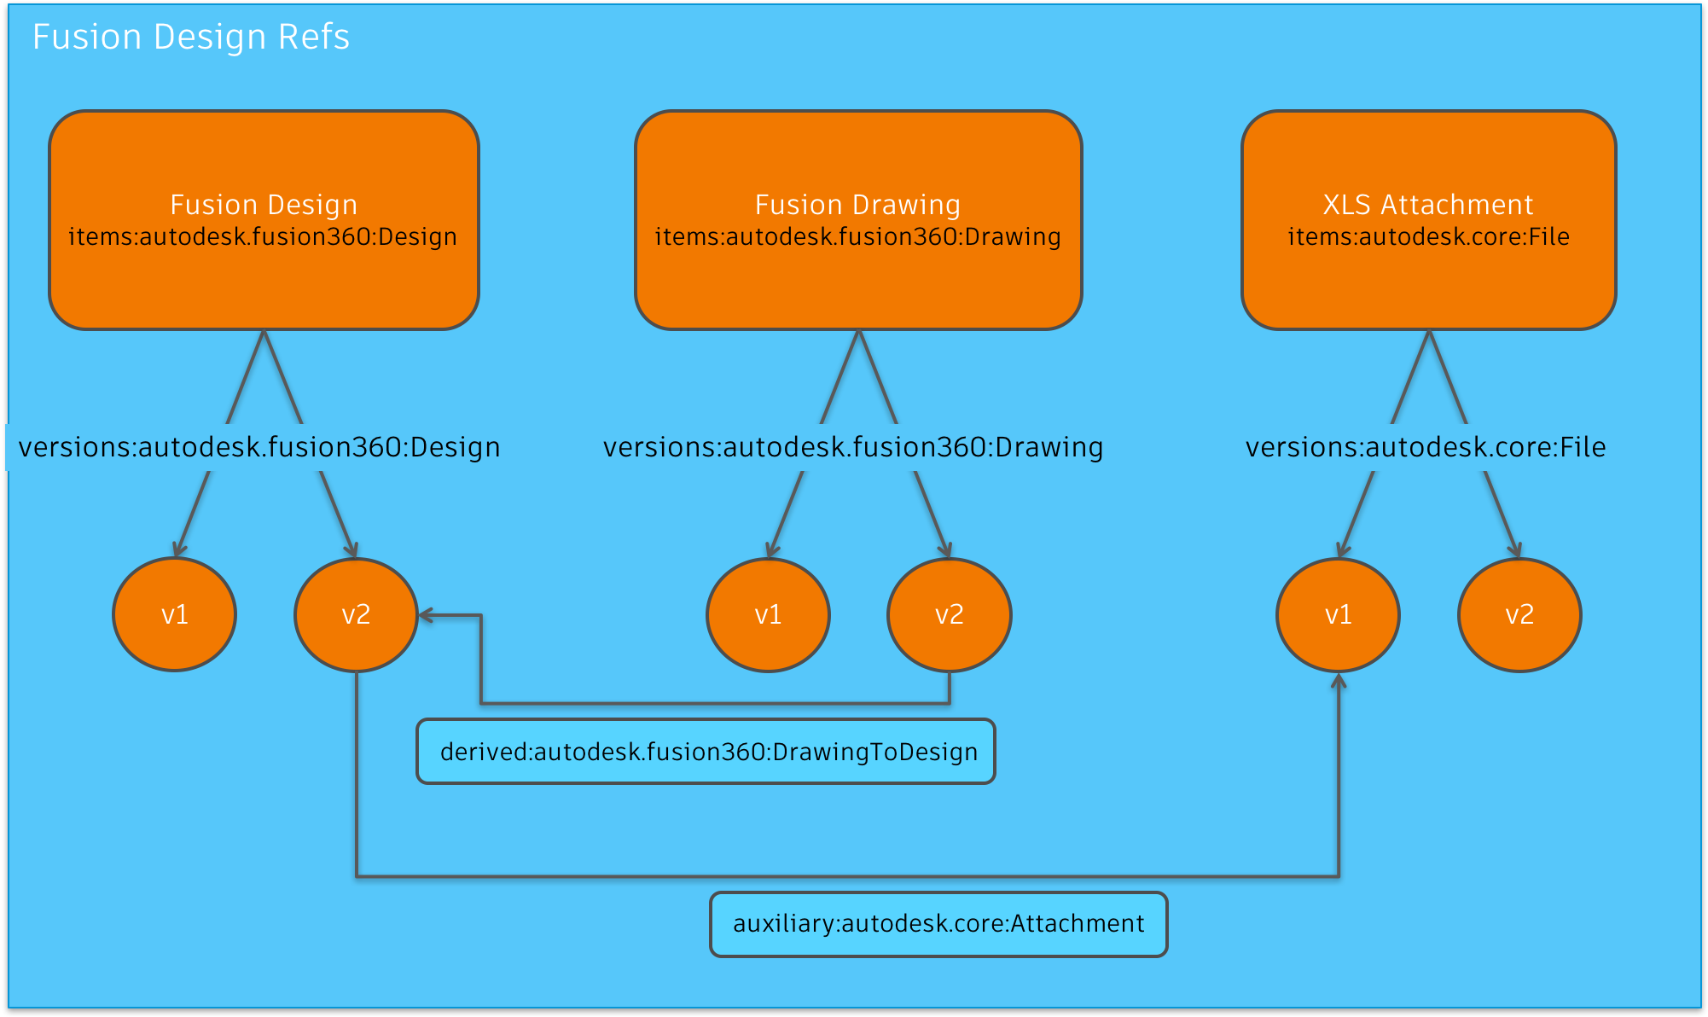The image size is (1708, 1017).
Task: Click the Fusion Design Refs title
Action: coord(191,38)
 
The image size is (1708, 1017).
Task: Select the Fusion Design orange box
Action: coord(264,282)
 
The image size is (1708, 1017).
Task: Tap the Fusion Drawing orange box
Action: coord(858,282)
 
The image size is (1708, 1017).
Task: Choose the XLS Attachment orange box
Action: coord(1428,282)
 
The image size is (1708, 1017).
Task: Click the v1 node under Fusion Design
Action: coord(175,614)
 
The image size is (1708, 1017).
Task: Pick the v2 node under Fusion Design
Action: coord(356,614)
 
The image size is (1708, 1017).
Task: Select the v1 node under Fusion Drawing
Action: coord(768,614)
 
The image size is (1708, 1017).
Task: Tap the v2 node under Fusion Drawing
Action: coord(949,614)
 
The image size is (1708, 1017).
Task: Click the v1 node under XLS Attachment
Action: coord(1338,614)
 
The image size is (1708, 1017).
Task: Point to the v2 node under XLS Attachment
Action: coord(1519,614)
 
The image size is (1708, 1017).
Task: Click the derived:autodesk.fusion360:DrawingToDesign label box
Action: coord(706,752)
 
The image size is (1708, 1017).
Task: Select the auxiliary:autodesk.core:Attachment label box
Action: coord(938,924)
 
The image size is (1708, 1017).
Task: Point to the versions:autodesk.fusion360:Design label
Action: coord(259,447)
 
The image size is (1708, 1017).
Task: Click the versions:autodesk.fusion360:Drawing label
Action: coord(853,447)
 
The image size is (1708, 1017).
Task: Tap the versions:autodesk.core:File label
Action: coord(1426,447)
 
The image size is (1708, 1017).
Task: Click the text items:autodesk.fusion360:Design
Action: coord(263,236)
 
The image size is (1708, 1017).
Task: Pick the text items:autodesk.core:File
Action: coord(1428,236)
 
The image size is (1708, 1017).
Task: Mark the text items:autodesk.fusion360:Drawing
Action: coord(858,236)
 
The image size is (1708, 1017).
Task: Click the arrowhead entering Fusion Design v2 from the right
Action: coord(424,615)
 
